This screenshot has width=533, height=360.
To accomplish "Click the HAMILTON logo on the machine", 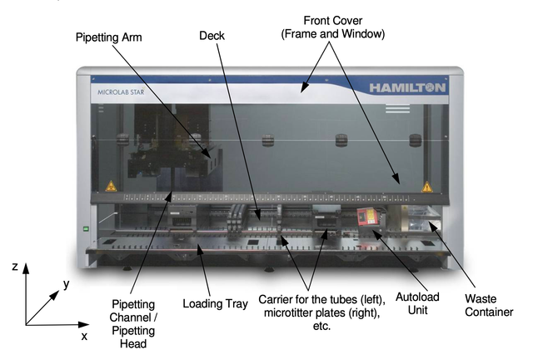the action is [x=407, y=87].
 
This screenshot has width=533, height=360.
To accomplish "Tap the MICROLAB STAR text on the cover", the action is [x=121, y=92].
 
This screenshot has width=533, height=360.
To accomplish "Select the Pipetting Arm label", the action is [x=109, y=37].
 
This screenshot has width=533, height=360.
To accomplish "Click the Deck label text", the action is [x=212, y=35].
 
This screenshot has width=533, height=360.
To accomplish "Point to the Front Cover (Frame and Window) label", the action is [x=333, y=27].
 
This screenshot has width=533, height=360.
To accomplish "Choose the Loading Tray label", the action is [x=215, y=303].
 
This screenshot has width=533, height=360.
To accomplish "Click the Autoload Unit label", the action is [x=417, y=303].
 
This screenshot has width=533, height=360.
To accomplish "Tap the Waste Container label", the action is [x=489, y=305].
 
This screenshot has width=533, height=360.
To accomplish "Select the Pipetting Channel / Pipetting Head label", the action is [x=133, y=323].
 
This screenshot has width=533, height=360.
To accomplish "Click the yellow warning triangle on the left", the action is [x=111, y=186].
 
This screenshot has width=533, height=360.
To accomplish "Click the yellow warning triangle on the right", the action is [x=427, y=187].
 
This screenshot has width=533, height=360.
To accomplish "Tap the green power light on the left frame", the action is [x=86, y=229].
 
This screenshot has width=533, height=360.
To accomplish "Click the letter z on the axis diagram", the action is [x=15, y=266].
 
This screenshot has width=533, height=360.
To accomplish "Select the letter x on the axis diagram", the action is [x=84, y=336].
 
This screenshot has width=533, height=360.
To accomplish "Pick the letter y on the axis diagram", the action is [x=67, y=284].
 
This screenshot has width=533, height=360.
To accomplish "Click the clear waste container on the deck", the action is [x=424, y=218].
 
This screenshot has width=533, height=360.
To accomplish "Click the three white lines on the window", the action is [x=397, y=108].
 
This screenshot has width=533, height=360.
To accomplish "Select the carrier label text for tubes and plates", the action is [x=321, y=312].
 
